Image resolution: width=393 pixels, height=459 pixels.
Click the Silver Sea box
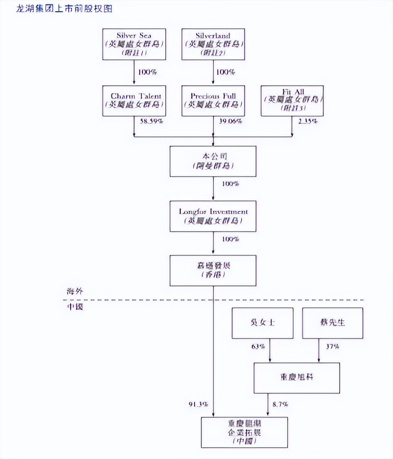[x=134, y=44]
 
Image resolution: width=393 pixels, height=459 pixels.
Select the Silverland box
[x=213, y=44]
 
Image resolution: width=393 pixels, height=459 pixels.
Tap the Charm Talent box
[x=134, y=100]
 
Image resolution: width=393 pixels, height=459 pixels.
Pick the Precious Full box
[x=213, y=100]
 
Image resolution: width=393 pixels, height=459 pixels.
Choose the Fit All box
[x=292, y=100]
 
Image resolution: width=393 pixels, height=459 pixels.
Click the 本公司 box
[x=213, y=161]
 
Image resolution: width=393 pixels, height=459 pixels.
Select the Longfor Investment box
[x=213, y=216]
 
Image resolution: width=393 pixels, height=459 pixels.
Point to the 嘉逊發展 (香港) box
[x=213, y=270]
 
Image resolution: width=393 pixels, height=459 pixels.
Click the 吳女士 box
[x=263, y=323]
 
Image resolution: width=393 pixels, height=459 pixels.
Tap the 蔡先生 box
[x=333, y=323]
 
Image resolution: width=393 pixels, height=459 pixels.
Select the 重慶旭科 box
[x=296, y=378]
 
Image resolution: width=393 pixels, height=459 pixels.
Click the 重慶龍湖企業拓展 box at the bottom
[x=245, y=432]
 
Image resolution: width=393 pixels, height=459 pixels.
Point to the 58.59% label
[x=151, y=122]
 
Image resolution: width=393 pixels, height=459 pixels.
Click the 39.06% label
[x=230, y=122]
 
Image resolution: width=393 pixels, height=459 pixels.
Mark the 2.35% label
[x=307, y=122]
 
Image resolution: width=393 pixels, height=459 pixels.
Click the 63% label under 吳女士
[x=258, y=346]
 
